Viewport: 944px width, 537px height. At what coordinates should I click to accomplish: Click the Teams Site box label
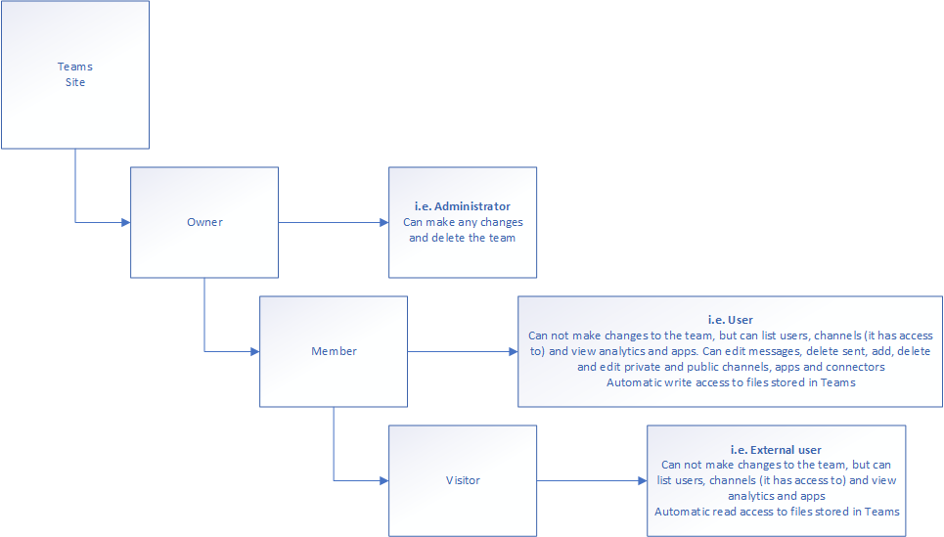click(x=75, y=74)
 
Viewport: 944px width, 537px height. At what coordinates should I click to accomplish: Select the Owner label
click(x=204, y=222)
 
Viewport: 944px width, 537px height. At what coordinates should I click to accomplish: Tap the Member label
click(x=335, y=351)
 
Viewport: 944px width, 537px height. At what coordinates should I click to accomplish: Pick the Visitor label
click(x=463, y=480)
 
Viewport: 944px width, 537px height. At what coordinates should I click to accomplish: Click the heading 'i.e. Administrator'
click(x=463, y=206)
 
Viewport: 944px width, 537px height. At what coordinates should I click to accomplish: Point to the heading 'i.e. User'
click(x=731, y=320)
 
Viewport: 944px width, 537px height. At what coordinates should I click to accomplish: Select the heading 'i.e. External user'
click(x=776, y=450)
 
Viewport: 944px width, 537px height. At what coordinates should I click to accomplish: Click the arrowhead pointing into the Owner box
click(x=126, y=223)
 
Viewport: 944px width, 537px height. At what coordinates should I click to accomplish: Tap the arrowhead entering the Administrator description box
click(x=384, y=223)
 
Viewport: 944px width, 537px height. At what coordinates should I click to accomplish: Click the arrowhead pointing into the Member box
click(x=255, y=351)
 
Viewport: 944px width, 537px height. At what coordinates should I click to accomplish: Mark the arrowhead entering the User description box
click(x=514, y=351)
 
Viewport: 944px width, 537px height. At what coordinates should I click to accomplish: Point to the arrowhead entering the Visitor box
click(x=384, y=480)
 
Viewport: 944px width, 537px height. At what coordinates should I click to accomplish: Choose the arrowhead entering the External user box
click(x=643, y=480)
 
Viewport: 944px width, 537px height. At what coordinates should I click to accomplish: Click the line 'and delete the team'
click(x=463, y=238)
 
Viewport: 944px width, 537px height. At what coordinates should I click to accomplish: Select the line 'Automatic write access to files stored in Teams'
click(x=731, y=382)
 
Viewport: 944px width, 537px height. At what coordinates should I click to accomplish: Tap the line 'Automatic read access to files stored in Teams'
click(x=777, y=512)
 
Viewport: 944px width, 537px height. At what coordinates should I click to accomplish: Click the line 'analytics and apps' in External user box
click(x=777, y=496)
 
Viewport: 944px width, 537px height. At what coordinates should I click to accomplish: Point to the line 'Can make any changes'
click(x=463, y=222)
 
